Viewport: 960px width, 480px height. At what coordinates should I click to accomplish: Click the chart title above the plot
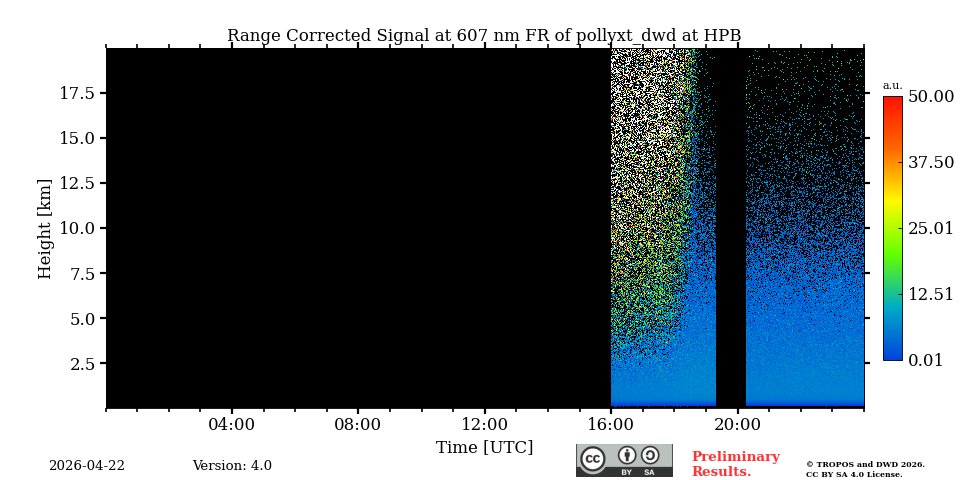484,36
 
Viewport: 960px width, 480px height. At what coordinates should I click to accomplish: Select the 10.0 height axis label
76,228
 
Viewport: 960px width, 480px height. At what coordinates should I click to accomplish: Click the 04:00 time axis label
231,425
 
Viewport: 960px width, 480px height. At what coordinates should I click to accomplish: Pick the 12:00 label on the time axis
484,425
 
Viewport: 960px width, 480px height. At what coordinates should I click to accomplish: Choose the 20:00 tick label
737,425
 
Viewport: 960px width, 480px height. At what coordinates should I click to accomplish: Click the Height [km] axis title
45,228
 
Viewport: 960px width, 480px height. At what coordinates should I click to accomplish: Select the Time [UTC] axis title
484,448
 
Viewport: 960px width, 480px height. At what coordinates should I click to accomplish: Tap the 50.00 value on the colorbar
930,97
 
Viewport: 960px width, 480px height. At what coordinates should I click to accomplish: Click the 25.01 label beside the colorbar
930,229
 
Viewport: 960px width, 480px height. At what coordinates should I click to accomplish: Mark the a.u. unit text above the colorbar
892,86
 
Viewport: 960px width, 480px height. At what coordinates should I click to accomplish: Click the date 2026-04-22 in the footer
87,466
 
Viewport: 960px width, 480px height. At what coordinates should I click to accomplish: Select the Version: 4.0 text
232,466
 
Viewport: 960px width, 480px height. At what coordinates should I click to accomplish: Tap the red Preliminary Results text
735,464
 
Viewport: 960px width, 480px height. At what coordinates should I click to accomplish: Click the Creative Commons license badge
624,460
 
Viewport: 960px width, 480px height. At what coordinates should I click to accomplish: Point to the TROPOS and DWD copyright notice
865,469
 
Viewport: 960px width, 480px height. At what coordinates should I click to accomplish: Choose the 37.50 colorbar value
930,163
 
